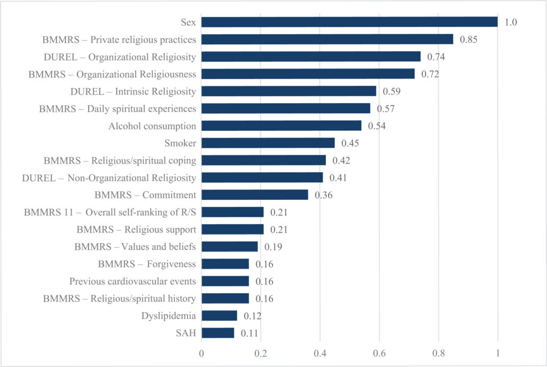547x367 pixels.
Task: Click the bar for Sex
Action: click(349, 22)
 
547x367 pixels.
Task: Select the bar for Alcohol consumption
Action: click(282, 126)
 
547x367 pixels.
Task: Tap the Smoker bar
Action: click(268, 143)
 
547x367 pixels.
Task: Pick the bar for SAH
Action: click(218, 333)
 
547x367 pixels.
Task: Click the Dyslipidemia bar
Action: click(220, 316)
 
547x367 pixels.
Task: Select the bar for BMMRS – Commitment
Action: click(255, 194)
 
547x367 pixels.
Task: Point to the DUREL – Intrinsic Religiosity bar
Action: click(289, 91)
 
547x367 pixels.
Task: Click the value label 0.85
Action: click(468, 40)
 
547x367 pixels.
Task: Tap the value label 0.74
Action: click(436, 57)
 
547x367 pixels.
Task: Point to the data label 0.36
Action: click(324, 195)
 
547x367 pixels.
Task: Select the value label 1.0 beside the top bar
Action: click(511, 22)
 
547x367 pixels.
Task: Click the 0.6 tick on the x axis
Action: click(379, 354)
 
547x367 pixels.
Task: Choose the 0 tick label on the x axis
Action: click(201, 354)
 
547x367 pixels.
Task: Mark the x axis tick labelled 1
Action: click(498, 354)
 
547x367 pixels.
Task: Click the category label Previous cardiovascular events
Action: click(132, 281)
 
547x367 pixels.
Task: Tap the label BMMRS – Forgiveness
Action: click(147, 264)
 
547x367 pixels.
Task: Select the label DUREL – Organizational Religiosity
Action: click(120, 57)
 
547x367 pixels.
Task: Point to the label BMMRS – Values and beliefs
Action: click(135, 247)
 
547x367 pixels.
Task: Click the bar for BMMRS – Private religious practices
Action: click(327, 39)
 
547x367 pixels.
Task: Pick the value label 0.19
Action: click(273, 247)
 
